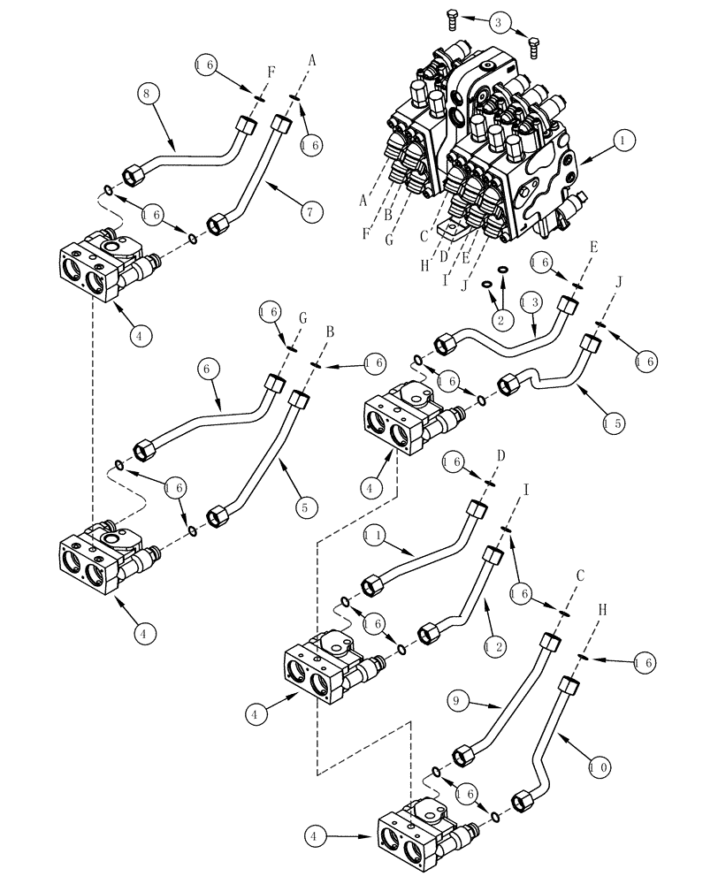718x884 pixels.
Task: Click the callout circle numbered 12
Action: coord(495,648)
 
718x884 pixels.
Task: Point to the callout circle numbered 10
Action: coord(598,767)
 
